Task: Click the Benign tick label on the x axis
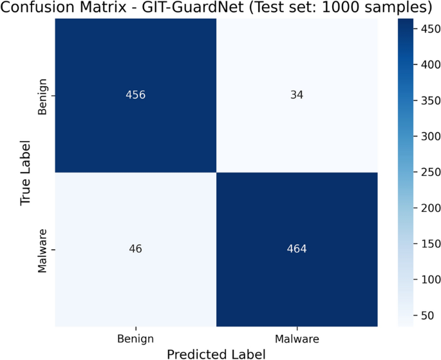click(135, 337)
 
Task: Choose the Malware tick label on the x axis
click(297, 337)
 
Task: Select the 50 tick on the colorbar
click(424, 316)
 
